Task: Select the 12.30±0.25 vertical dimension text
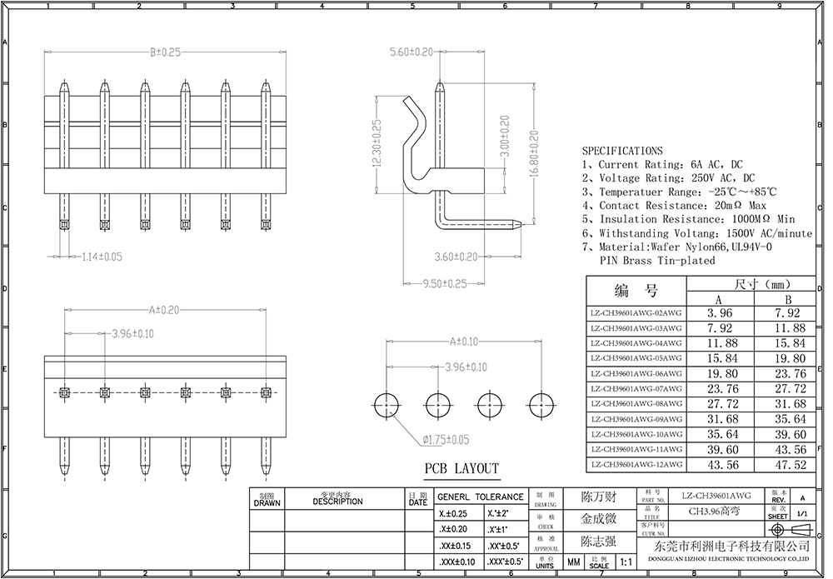[377, 144]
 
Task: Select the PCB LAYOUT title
[461, 468]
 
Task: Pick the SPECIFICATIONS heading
[622, 151]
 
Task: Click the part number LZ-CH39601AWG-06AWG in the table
[636, 374]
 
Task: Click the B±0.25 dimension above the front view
[165, 52]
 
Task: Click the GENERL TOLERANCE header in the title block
[481, 497]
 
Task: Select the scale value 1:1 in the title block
[626, 563]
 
